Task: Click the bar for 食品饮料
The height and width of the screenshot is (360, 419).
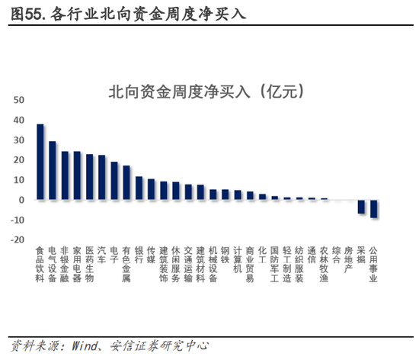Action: click(40, 162)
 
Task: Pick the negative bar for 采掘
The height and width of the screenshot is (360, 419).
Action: click(361, 207)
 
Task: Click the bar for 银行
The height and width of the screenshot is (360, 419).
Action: click(139, 188)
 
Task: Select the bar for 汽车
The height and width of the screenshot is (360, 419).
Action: click(102, 178)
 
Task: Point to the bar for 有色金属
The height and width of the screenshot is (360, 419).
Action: click(126, 183)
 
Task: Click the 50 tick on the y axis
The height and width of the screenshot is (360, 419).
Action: click(19, 101)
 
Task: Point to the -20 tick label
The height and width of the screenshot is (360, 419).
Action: click(17, 239)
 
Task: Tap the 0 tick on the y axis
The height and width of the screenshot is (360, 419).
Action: click(22, 200)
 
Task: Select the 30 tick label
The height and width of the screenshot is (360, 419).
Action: click(19, 140)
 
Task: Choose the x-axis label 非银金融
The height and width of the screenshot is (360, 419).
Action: click(65, 264)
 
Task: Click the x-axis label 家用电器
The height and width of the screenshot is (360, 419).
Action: click(77, 264)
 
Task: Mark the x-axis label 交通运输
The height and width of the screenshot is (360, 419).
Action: click(188, 264)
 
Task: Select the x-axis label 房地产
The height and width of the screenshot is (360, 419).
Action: click(348, 259)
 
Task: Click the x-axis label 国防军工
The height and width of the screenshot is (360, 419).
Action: click(274, 264)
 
